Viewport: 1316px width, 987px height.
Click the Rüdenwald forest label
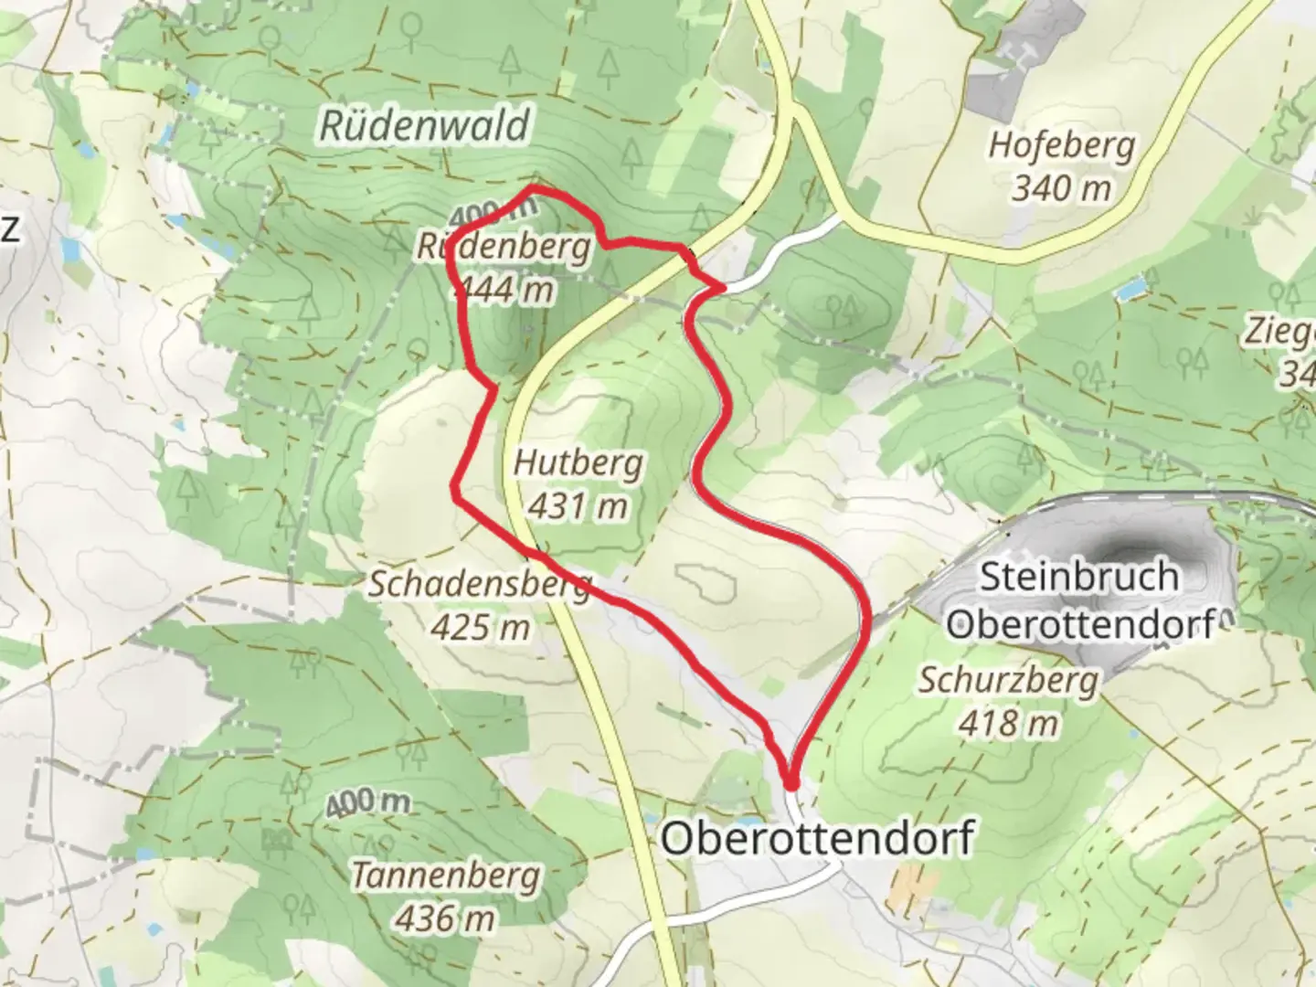[424, 125]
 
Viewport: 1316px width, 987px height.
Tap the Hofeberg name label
[1062, 145]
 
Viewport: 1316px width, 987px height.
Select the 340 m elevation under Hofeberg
[1062, 188]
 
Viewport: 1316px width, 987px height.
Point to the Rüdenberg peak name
[504, 247]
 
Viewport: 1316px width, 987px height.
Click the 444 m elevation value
[504, 289]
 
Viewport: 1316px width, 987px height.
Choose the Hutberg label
[578, 463]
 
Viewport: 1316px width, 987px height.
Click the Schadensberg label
[480, 585]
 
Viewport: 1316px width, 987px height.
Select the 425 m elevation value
[482, 627]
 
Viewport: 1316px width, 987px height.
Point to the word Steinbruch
[1078, 577]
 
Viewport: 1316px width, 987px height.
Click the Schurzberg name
[1008, 680]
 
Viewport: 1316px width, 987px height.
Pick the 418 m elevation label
[1008, 723]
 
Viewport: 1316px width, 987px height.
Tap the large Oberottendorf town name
[817, 837]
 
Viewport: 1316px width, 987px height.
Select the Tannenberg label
[446, 876]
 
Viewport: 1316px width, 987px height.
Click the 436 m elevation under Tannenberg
[446, 918]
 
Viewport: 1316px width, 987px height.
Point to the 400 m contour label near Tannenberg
[367, 803]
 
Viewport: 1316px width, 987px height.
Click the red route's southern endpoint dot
[791, 783]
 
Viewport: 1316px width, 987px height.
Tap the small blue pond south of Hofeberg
[1131, 290]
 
